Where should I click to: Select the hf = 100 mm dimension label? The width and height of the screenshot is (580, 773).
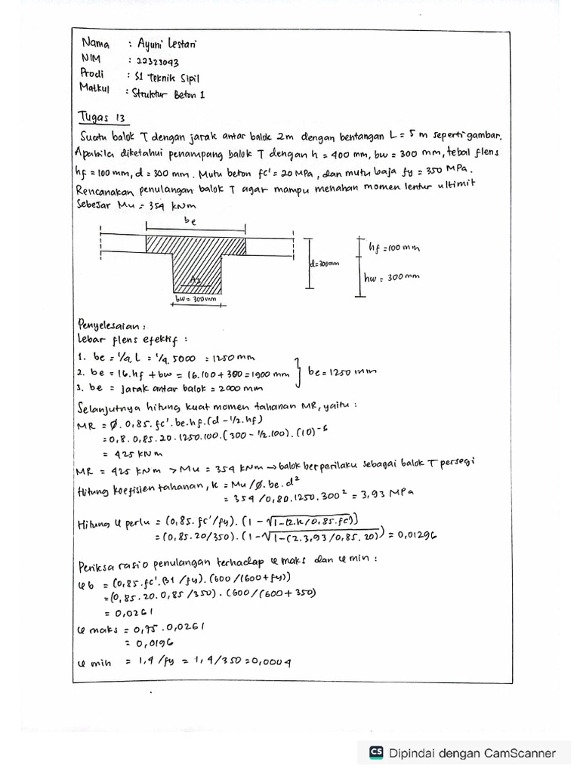point(393,247)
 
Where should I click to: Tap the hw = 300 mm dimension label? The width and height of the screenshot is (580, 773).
point(392,277)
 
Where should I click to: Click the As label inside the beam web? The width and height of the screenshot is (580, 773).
point(196,280)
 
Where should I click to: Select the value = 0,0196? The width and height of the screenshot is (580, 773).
point(155,643)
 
